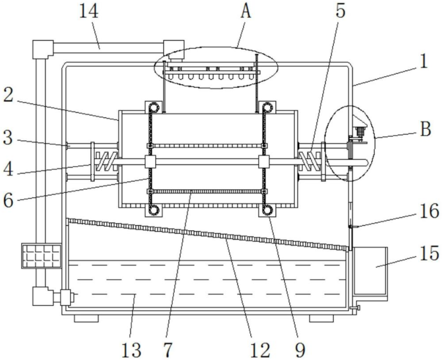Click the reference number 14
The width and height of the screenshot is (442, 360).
pyautogui.click(x=89, y=12)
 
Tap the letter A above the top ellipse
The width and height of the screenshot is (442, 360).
pyautogui.click(x=246, y=12)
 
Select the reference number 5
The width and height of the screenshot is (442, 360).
pyautogui.click(x=341, y=11)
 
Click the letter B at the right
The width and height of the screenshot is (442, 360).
pyautogui.click(x=426, y=130)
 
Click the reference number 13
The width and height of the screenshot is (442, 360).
pyautogui.click(x=131, y=350)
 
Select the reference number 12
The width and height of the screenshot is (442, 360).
pyautogui.click(x=260, y=350)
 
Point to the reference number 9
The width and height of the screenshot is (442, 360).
pyautogui.click(x=300, y=350)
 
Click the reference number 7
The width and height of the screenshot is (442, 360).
pyautogui.click(x=167, y=350)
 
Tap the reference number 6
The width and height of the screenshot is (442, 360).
pyautogui.click(x=8, y=201)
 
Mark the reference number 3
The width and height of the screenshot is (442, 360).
pyautogui.click(x=8, y=138)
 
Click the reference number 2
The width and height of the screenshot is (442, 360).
pyautogui.click(x=8, y=96)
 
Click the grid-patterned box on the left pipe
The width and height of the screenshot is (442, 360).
pyautogui.click(x=41, y=256)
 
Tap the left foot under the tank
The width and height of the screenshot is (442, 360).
pyautogui.click(x=86, y=318)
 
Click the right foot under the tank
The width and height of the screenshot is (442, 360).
pyautogui.click(x=321, y=318)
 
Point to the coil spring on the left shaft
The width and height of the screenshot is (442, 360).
pyautogui.click(x=107, y=161)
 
